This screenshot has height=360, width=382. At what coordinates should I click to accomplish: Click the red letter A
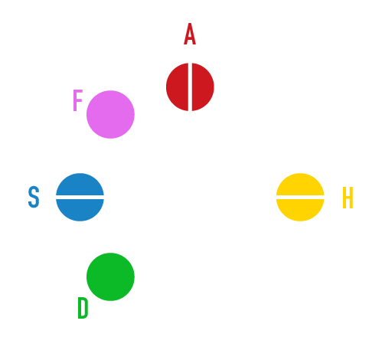(x=190, y=34)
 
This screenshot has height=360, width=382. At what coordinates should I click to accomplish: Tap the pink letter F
(x=77, y=100)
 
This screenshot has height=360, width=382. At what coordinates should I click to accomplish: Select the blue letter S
(x=34, y=197)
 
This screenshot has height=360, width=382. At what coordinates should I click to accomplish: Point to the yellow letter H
(x=348, y=198)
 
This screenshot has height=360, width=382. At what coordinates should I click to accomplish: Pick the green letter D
(x=83, y=308)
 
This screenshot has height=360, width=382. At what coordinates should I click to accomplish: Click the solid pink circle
(x=110, y=114)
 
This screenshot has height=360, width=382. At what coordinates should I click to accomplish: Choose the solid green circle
(x=110, y=277)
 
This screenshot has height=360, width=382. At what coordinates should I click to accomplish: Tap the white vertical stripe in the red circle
(x=190, y=87)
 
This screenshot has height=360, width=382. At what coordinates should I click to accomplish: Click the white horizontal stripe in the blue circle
(x=80, y=197)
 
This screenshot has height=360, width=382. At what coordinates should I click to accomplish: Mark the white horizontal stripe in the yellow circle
(x=300, y=197)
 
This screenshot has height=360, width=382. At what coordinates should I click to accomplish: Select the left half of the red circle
(x=178, y=87)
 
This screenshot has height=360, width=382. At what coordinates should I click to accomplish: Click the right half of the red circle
(x=202, y=87)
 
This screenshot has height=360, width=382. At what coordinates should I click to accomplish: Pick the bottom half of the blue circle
(x=80, y=209)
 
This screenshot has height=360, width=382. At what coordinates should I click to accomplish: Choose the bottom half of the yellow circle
(x=300, y=209)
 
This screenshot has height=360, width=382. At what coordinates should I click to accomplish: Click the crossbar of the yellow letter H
(x=348, y=198)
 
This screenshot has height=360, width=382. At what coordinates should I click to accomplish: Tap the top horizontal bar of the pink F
(x=78, y=91)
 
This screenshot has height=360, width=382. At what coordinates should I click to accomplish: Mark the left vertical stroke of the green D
(x=80, y=308)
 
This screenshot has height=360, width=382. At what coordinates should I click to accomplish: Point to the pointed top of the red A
(x=190, y=24)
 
